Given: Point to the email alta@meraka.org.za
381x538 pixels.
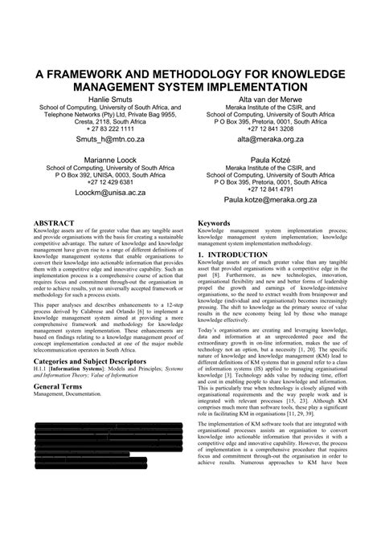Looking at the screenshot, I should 269,139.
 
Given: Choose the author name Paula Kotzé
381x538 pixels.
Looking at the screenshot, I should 269,159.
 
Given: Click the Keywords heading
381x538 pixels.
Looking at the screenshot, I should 215,221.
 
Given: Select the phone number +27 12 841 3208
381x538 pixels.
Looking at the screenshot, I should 269,128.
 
